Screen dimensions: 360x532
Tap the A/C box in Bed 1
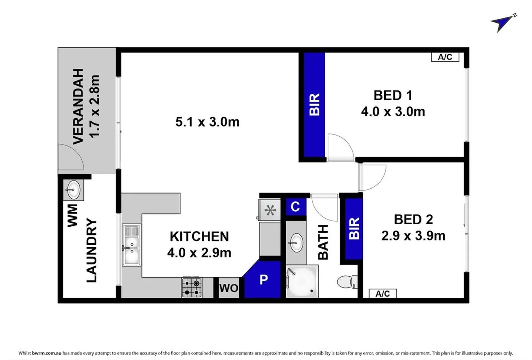pyautogui.click(x=445, y=57)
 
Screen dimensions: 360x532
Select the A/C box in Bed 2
pyautogui.click(x=383, y=294)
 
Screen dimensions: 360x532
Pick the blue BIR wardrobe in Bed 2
pyautogui.click(x=354, y=229)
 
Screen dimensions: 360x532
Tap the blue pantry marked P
pyautogui.click(x=263, y=279)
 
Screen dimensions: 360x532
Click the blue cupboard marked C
pyautogui.click(x=295, y=207)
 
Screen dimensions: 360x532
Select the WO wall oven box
pyautogui.click(x=229, y=288)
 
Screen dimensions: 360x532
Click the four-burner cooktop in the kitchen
pyautogui.click(x=192, y=288)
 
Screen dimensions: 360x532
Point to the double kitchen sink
pyautogui.click(x=131, y=245)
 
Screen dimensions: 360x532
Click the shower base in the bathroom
pyautogui.click(x=302, y=281)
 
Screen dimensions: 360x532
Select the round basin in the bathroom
pyautogui.click(x=296, y=243)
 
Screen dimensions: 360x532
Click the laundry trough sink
pyautogui.click(x=73, y=190)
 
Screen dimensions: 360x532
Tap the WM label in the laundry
pyautogui.click(x=72, y=216)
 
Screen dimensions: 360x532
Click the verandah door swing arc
pyautogui.click(x=71, y=157)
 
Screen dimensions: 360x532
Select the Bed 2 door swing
pyautogui.click(x=373, y=178)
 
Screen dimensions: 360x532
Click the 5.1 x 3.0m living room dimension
pyautogui.click(x=207, y=122)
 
